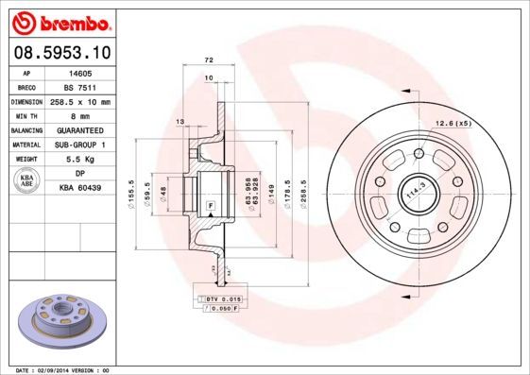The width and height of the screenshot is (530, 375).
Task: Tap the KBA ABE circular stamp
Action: tap(27, 181)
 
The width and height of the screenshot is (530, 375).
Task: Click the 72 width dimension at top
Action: tap(208, 60)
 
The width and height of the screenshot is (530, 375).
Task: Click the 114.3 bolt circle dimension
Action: tap(412, 194)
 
